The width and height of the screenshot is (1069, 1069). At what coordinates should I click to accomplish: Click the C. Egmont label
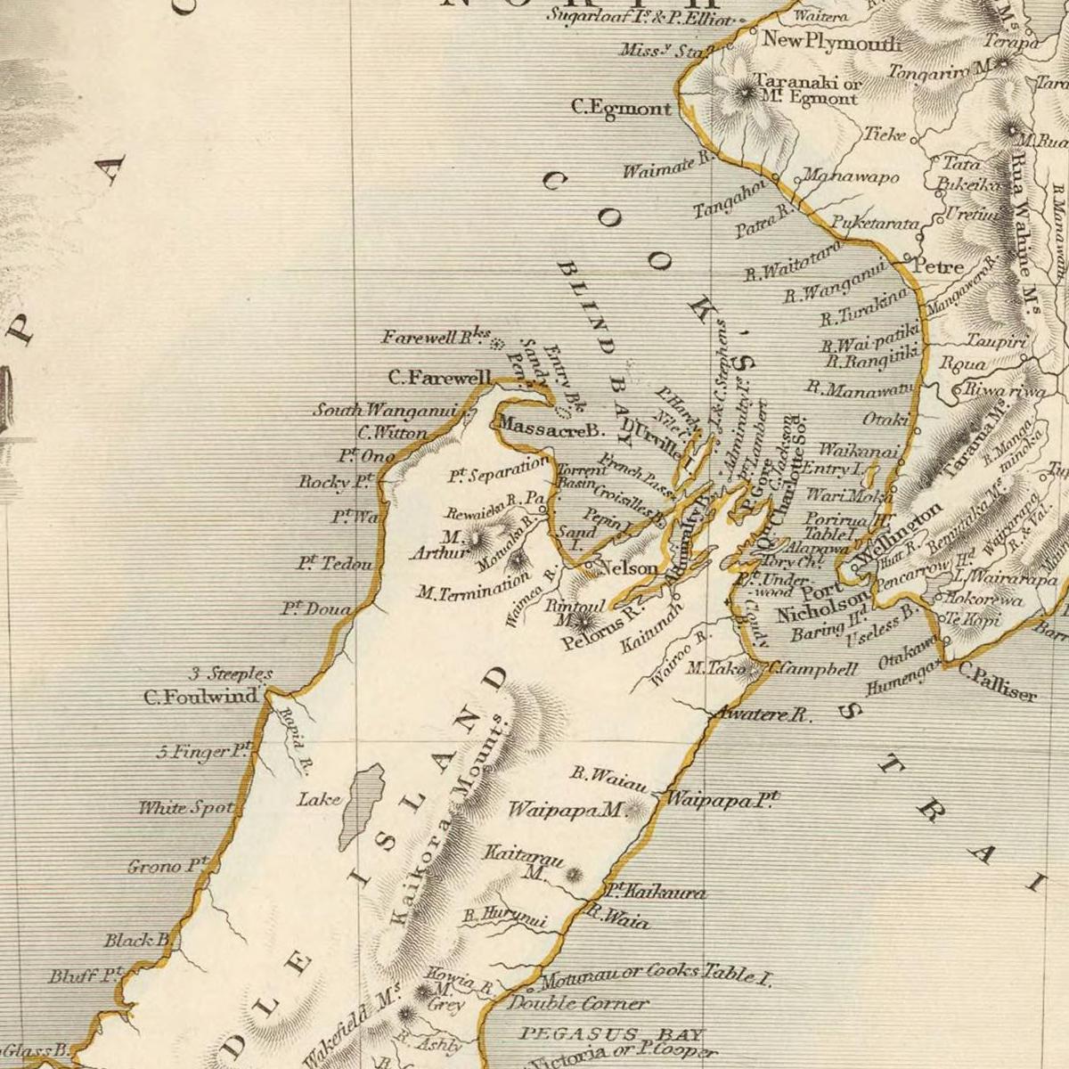pos(621,109)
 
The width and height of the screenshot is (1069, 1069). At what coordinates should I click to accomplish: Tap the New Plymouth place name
pos(831,41)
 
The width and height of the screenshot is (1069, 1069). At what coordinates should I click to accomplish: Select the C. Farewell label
pos(439,378)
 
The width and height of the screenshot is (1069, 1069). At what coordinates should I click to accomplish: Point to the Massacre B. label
pos(551,428)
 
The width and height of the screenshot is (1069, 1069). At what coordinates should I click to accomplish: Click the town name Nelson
pos(630,567)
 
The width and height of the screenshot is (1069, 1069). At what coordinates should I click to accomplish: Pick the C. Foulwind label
pos(200,697)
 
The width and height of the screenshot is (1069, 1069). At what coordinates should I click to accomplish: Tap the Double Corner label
pos(579,1003)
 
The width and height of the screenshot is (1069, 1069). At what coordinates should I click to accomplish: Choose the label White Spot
pos(185,808)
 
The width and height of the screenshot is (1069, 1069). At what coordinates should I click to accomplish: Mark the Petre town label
pos(939,266)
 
